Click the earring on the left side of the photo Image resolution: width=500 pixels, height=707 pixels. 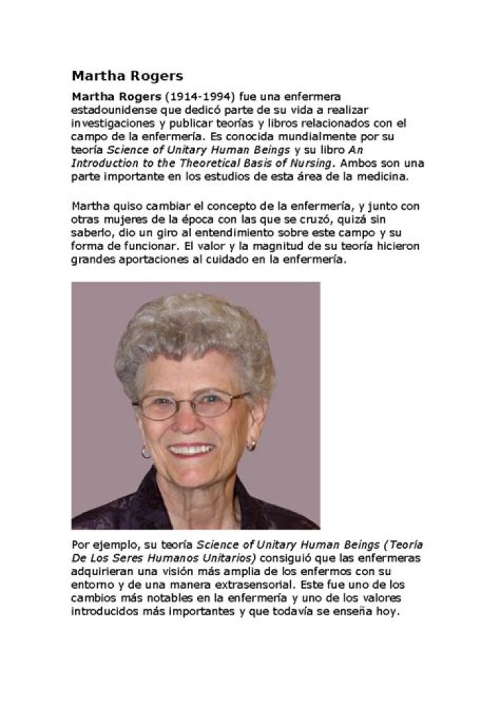pos(146,451)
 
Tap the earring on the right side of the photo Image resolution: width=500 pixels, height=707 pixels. pos(251,445)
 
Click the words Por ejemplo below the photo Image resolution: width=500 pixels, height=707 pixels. pos(100,544)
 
